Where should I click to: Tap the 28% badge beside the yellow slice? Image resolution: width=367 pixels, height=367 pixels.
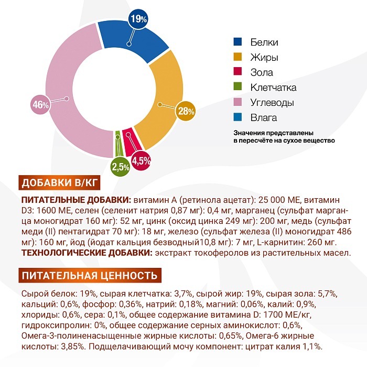[187, 111]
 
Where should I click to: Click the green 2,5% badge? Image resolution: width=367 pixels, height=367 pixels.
[120, 167]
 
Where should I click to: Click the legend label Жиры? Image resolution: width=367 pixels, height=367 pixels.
[264, 57]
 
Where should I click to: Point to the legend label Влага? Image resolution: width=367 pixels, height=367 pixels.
[264, 118]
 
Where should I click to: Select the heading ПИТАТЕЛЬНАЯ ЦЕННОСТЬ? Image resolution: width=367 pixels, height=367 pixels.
[89, 275]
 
